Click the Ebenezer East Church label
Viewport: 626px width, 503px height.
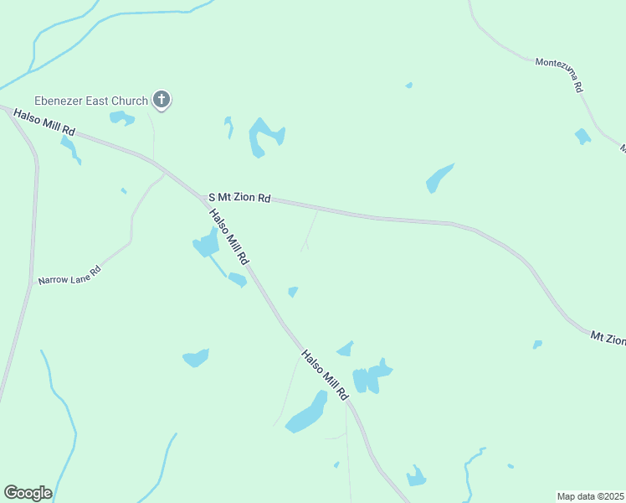pyautogui.click(x=90, y=101)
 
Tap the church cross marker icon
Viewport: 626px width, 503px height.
pyautogui.click(x=162, y=101)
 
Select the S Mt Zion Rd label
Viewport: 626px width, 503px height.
pyautogui.click(x=239, y=198)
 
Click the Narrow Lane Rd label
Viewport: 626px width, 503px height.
pyautogui.click(x=69, y=274)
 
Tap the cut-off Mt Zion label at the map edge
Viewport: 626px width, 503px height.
pyautogui.click(x=608, y=338)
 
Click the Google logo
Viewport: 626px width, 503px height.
pyautogui.click(x=28, y=493)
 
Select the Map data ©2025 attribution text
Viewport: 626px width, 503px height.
pyautogui.click(x=590, y=496)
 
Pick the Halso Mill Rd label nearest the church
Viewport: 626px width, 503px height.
pyautogui.click(x=44, y=122)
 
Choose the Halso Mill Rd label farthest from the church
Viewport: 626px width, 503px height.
pyautogui.click(x=325, y=376)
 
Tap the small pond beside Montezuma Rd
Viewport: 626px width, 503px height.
pyautogui.click(x=582, y=136)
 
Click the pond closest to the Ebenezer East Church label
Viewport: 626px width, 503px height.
pyautogui.click(x=122, y=118)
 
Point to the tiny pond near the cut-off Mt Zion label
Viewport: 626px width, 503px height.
pyautogui.click(x=537, y=344)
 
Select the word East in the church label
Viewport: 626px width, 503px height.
pyautogui.click(x=101, y=101)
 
